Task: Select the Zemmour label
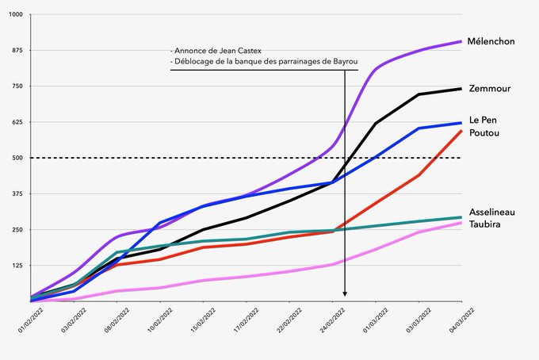(490, 88)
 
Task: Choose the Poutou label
(484, 132)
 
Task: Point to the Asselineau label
(494, 213)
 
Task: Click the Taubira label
(486, 225)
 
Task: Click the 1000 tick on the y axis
(16, 15)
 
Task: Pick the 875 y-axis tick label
(17, 50)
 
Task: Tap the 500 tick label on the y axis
(17, 158)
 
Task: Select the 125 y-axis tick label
(17, 266)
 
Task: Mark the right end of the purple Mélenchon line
(461, 41)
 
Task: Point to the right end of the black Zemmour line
(461, 89)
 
